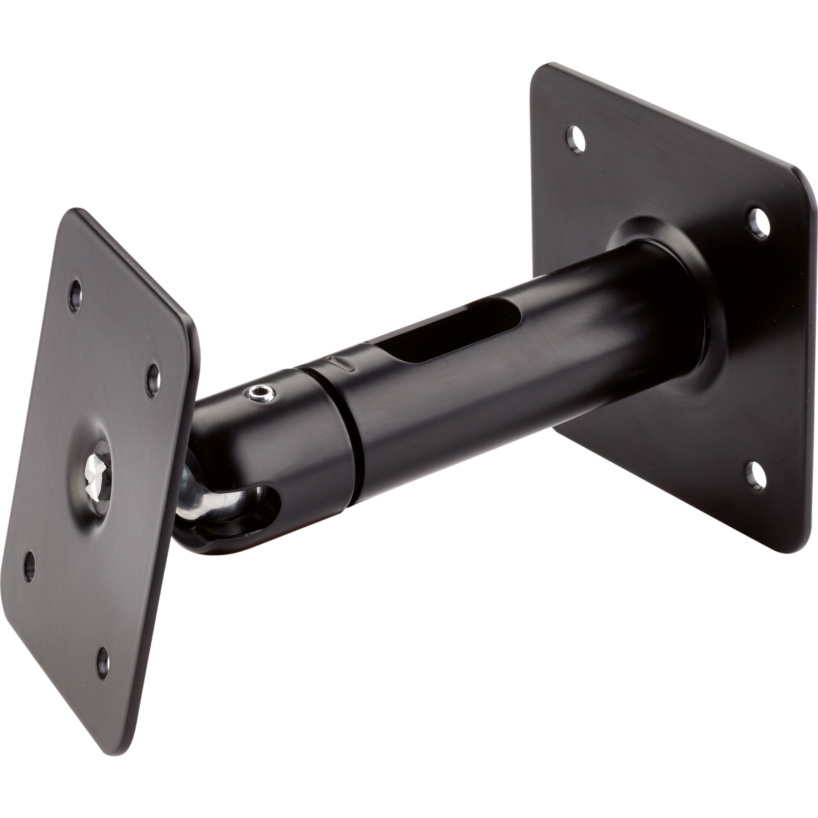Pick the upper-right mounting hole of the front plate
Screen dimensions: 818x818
[x=153, y=380]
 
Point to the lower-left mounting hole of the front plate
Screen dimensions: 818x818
[x=29, y=567]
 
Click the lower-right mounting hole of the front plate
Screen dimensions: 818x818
[x=103, y=669]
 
